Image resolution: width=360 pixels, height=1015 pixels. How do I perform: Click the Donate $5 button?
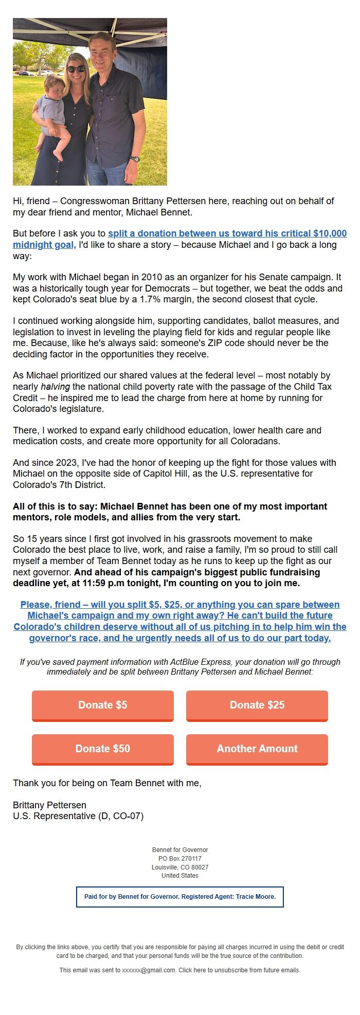point(103,705)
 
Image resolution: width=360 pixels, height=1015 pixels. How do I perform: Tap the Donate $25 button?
point(257,705)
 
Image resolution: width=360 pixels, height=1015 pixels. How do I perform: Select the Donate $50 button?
point(103,749)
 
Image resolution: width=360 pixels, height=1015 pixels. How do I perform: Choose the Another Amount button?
point(257,749)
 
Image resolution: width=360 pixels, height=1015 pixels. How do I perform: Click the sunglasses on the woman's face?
point(76,69)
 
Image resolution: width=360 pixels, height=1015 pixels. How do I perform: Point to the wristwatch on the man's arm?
point(135,159)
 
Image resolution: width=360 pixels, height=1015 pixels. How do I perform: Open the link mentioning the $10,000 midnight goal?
point(227,233)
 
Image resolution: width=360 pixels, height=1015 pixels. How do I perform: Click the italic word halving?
point(55,387)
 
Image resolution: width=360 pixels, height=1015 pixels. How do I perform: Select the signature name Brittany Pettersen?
point(49,805)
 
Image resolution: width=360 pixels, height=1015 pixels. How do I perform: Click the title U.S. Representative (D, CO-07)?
point(78,816)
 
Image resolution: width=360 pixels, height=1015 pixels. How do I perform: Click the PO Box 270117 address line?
point(180,859)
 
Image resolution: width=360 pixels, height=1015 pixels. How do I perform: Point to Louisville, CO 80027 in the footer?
point(180,867)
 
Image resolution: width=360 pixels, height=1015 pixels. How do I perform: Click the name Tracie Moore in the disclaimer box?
point(256,897)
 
